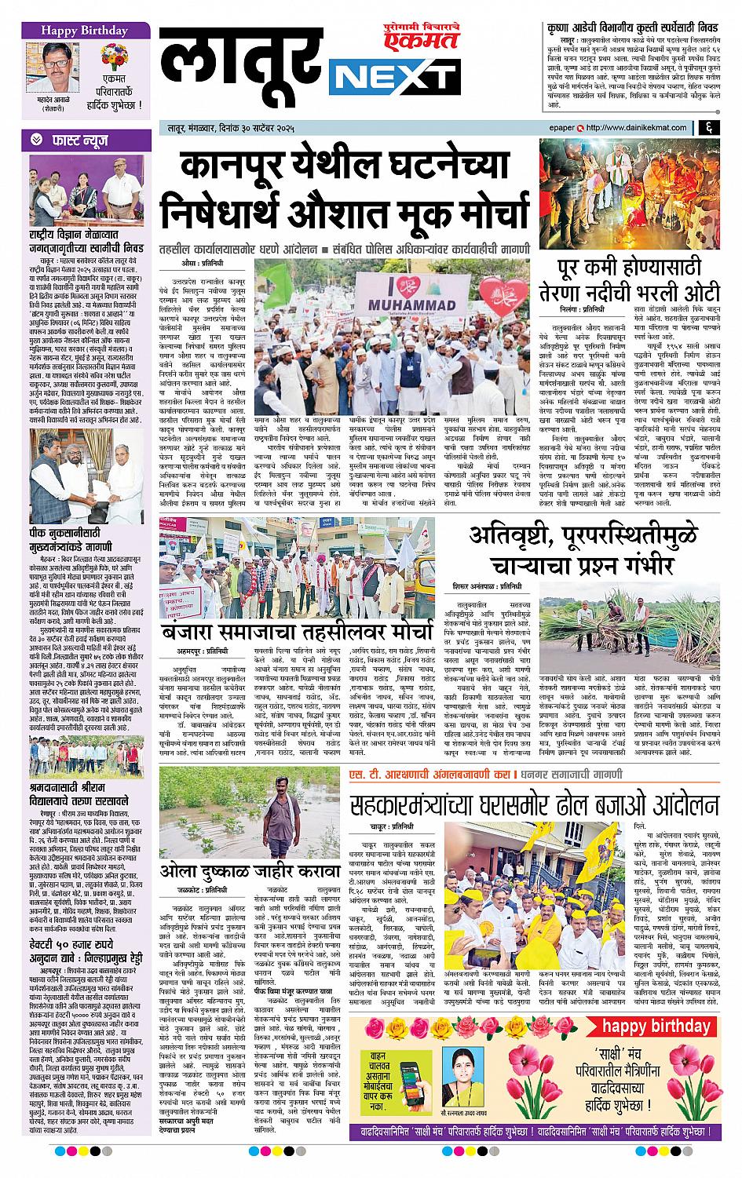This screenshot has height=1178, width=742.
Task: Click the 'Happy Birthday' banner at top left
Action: pos(75,31)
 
